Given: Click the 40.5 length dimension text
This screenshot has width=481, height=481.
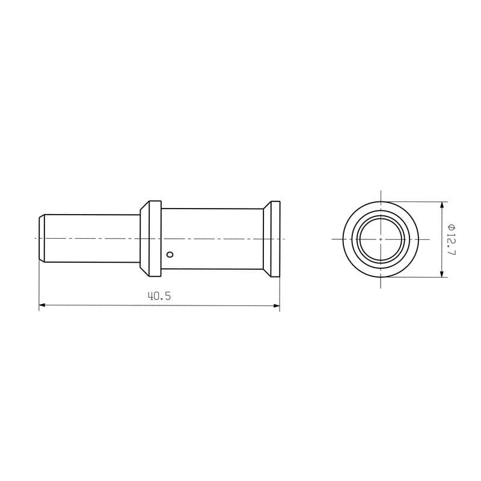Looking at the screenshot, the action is tap(159, 296).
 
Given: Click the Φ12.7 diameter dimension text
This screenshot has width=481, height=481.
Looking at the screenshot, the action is tap(452, 240).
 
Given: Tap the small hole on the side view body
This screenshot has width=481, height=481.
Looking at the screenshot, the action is tap(170, 254).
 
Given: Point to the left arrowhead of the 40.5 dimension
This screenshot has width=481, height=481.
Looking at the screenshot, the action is tap(42, 305).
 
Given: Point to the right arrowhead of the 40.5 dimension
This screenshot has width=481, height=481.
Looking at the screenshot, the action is tap(276, 305).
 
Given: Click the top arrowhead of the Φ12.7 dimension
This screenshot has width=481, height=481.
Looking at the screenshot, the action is tap(442, 205).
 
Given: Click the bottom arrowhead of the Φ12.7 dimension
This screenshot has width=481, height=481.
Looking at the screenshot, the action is tap(442, 274).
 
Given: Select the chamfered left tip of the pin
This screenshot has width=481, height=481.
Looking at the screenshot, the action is tap(42, 238).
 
